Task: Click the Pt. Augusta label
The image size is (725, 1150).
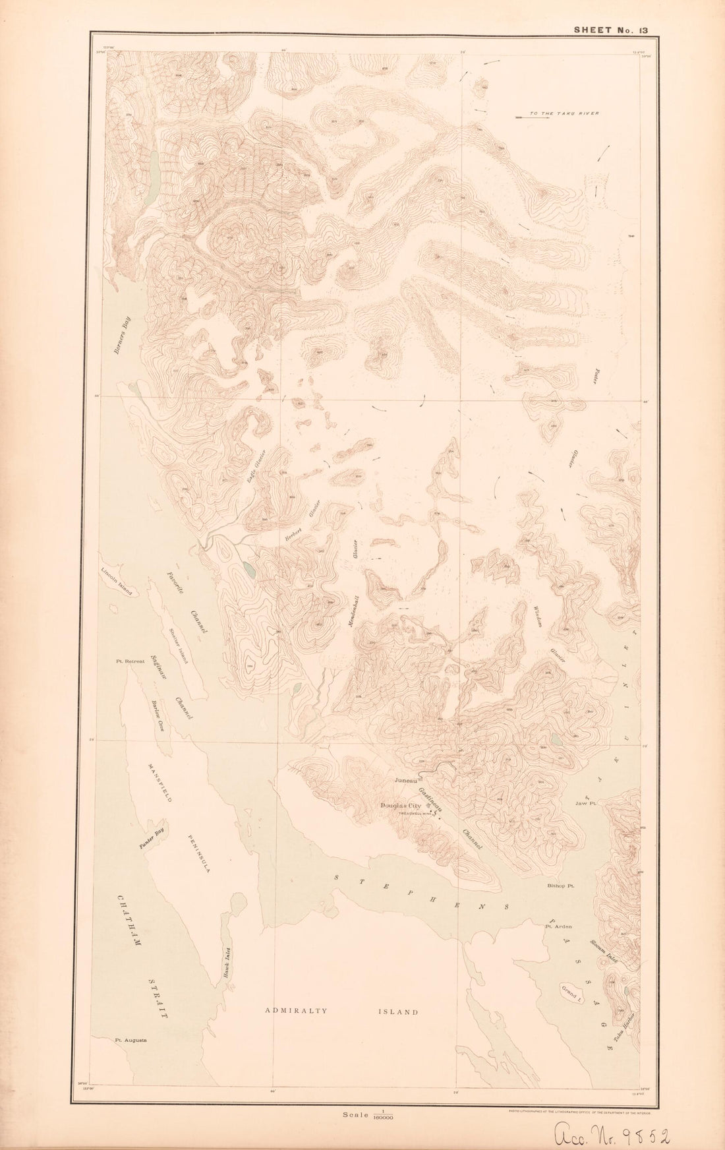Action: (x=130, y=1041)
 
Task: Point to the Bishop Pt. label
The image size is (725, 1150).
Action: (x=562, y=887)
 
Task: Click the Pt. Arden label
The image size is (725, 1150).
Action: (x=557, y=926)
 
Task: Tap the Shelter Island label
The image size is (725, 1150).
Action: (x=178, y=648)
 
